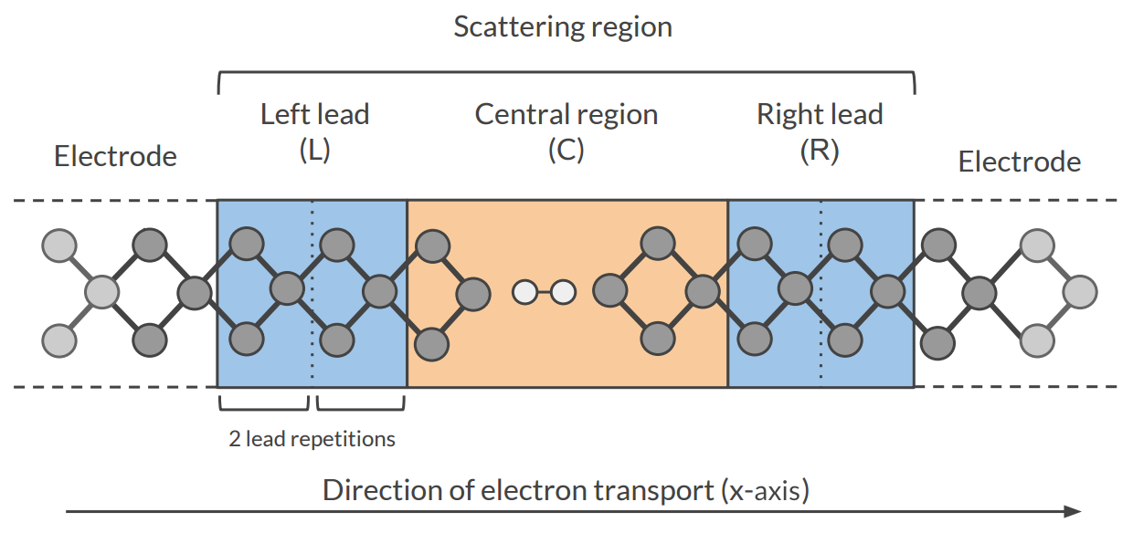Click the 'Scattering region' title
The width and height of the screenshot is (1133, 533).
pos(563,26)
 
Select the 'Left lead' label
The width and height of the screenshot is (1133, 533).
pos(314,114)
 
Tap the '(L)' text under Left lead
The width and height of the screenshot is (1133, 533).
pos(314,150)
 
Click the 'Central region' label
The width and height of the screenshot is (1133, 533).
pos(566,114)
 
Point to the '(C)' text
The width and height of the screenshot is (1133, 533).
pos(566,150)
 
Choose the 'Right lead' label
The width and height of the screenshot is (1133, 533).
pos(820,114)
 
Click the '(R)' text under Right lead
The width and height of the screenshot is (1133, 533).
pos(820,150)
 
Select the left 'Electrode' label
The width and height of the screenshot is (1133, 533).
pos(115,156)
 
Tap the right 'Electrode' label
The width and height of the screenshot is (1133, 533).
pos(1019,162)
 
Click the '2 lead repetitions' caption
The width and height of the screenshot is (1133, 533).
pos(312,439)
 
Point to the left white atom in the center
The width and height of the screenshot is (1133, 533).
pos(524,293)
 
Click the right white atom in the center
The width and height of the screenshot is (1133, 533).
pos(563,293)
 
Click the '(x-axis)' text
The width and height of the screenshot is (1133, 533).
pos(767,490)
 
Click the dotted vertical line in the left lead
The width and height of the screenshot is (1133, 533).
pos(312,365)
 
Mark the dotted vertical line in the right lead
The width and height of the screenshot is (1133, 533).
pos(821,365)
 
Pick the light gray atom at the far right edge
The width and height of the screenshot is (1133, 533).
pos(1081,293)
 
